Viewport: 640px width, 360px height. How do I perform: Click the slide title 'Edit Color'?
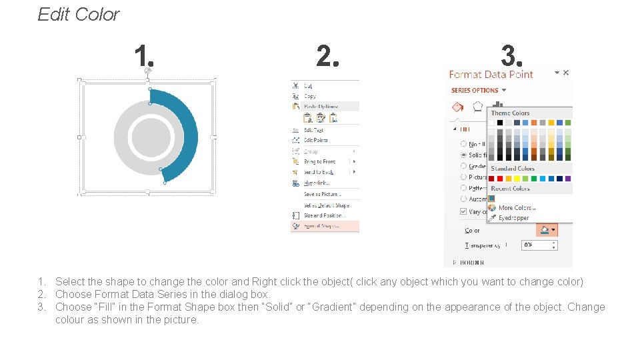79,15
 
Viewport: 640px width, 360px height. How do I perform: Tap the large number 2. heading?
327,57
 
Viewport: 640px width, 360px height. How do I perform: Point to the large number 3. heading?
512,56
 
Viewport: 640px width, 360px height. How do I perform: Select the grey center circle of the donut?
151,138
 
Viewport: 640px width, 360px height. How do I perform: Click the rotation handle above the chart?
148,70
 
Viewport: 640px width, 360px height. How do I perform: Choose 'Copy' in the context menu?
310,96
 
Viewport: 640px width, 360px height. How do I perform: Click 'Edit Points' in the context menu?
316,140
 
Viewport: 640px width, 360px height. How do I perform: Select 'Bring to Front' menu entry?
320,161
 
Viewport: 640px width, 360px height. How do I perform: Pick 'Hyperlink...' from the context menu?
317,183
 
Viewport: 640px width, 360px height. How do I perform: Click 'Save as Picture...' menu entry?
323,194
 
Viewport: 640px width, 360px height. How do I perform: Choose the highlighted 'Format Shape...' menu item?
321,226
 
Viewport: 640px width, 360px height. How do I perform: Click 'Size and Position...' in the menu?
325,215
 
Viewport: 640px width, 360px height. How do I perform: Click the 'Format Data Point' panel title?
491,75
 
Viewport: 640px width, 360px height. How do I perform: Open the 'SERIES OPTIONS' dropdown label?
475,90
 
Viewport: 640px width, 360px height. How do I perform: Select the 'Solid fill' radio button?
464,155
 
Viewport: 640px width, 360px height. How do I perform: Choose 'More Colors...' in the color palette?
517,208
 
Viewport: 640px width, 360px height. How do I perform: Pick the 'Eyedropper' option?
513,217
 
